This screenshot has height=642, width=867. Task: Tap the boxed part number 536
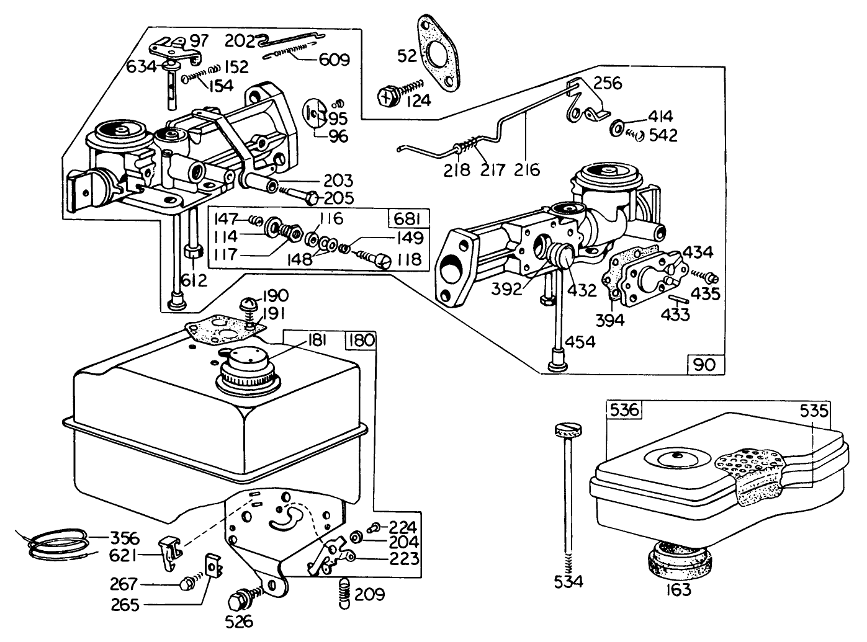[623, 411]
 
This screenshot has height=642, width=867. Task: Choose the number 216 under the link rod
[526, 169]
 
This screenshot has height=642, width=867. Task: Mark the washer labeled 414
[618, 128]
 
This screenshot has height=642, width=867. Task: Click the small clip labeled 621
[171, 551]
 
